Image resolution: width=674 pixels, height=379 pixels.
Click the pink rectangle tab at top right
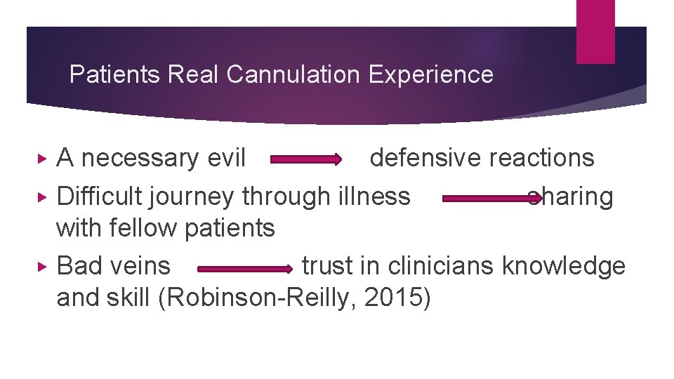coord(595,32)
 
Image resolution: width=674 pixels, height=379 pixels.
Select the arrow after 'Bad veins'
coord(244,268)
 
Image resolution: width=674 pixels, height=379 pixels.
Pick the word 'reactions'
coord(542,158)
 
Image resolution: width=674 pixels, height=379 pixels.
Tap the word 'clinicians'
coord(442,266)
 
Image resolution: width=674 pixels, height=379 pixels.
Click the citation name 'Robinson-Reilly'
coord(263,298)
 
